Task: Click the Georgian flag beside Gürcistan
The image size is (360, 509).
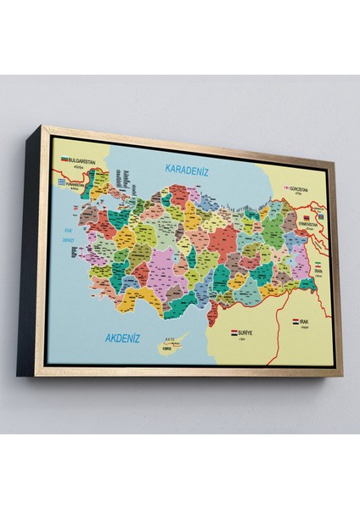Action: click(x=285, y=188)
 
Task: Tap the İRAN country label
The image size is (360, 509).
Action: click(x=317, y=270)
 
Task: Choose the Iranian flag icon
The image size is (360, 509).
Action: click(x=317, y=264)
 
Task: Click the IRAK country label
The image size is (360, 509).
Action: click(x=305, y=322)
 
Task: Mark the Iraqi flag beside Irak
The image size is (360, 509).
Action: click(x=295, y=322)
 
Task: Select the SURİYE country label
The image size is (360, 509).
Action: click(x=245, y=335)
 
